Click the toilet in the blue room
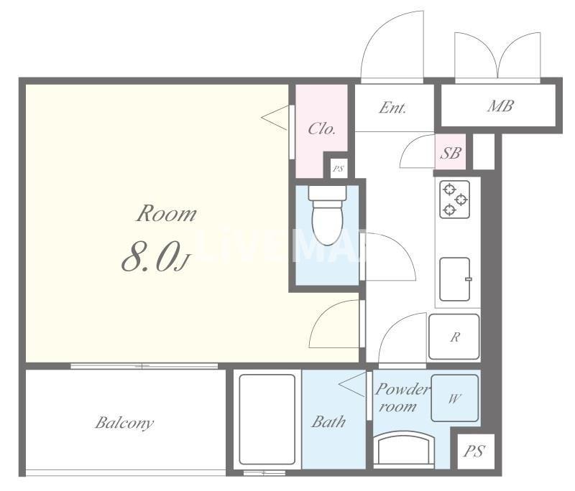click(x=328, y=215)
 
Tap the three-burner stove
click(x=455, y=200)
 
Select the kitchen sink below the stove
click(x=455, y=279)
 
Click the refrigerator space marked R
click(x=454, y=337)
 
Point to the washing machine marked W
click(x=455, y=398)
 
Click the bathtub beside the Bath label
click(x=267, y=419)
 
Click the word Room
click(x=166, y=213)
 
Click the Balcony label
click(x=124, y=423)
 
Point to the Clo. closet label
click(x=321, y=128)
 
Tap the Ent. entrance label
click(x=392, y=108)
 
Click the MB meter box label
click(x=500, y=106)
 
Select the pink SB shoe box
click(x=451, y=152)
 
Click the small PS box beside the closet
click(x=338, y=169)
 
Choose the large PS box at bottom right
click(x=474, y=452)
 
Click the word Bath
click(x=328, y=422)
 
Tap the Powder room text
click(x=401, y=398)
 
